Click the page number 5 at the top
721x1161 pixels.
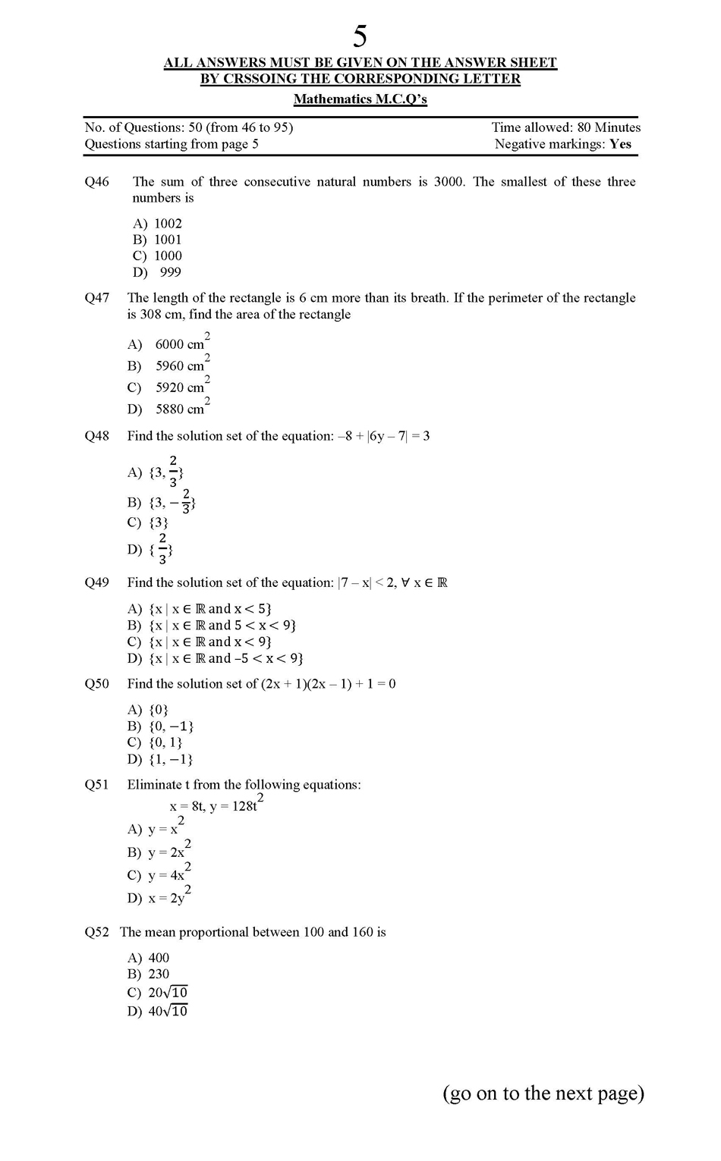click(x=360, y=36)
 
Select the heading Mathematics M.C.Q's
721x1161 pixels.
click(x=360, y=99)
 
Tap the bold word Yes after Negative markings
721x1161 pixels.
click(x=620, y=144)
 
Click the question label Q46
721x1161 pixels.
click(x=97, y=182)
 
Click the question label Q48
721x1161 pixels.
click(x=97, y=436)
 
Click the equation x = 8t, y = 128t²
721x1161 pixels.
click(x=216, y=805)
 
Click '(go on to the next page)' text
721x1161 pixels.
click(x=543, y=1093)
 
